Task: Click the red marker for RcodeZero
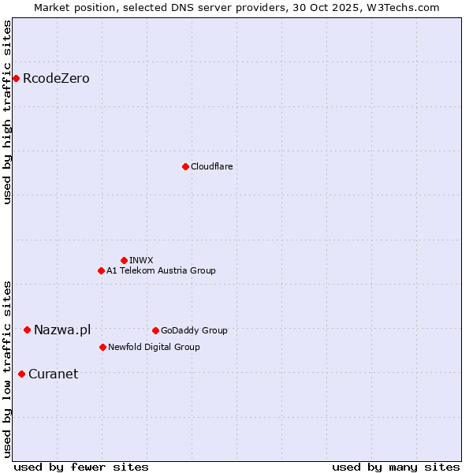click(x=16, y=78)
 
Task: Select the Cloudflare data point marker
click(x=185, y=166)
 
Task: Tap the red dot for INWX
click(x=124, y=260)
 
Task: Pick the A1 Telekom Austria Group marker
click(x=101, y=270)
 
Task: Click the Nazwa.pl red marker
click(x=27, y=330)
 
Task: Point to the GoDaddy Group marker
click(x=155, y=330)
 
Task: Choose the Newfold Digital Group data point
click(x=102, y=347)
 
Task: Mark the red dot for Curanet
click(x=21, y=374)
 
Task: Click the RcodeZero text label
click(x=56, y=78)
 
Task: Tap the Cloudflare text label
click(x=211, y=166)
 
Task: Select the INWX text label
click(x=141, y=260)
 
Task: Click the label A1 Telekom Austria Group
click(x=161, y=270)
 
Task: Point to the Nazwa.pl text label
click(x=62, y=330)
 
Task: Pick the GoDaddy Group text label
click(x=194, y=330)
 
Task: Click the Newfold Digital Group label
click(x=154, y=347)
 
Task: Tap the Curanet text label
click(x=53, y=374)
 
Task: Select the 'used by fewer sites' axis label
click(x=81, y=467)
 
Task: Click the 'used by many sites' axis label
click(x=396, y=467)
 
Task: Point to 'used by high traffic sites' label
click(x=7, y=112)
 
